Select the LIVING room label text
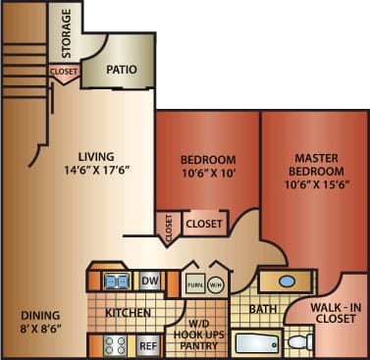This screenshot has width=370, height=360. [97, 155]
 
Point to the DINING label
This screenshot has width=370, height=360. [40, 316]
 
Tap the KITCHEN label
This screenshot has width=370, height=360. [129, 313]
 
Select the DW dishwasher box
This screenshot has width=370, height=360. [150, 282]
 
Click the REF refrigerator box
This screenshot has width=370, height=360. [148, 345]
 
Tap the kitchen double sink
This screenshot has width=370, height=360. [116, 282]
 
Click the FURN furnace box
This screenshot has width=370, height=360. [195, 284]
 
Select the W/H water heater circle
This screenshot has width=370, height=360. [216, 284]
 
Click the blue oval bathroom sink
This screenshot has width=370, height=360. [288, 281]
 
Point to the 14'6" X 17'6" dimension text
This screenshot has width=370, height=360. [97, 170]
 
